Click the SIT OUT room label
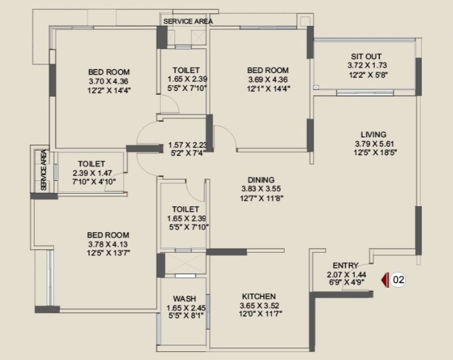click(x=366, y=56)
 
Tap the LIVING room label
click(x=374, y=135)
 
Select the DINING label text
click(x=261, y=180)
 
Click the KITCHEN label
click(x=259, y=296)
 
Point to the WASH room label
click(x=185, y=298)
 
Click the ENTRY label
click(x=346, y=265)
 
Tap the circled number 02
click(x=399, y=280)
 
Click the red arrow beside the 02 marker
click(x=385, y=280)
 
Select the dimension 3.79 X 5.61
click(x=374, y=144)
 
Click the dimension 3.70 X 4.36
click(x=109, y=82)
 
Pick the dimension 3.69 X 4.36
click(x=268, y=80)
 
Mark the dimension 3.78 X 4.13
click(x=108, y=244)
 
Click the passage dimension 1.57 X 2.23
click(x=188, y=145)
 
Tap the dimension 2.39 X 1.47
click(x=92, y=173)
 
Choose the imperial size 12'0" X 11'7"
click(x=260, y=314)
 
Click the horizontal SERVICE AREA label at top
click(x=188, y=21)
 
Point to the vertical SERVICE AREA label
click(x=44, y=170)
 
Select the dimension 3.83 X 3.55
click(x=261, y=189)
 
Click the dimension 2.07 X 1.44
click(x=346, y=274)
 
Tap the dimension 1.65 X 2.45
click(x=186, y=308)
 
